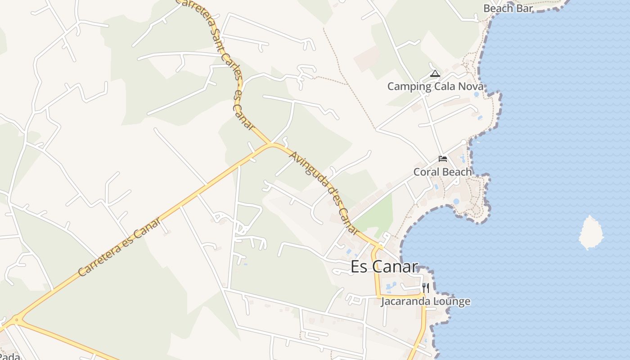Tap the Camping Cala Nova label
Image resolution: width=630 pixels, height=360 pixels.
pos(435,86)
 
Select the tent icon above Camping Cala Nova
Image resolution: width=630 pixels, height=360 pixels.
pos(435,73)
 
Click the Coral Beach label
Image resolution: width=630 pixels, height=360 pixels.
pos(443,172)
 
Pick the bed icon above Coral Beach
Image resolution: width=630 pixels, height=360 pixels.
pos(443,159)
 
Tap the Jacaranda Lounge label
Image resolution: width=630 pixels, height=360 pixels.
pos(426,301)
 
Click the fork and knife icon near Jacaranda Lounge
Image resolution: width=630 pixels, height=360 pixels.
pos(426,288)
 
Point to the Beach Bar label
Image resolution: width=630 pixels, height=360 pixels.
pos(508,8)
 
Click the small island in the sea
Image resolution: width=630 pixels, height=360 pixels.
pos(590,232)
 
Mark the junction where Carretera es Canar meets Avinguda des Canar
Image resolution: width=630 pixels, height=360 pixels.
pos(271,144)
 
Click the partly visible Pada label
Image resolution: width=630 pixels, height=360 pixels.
pos(10,357)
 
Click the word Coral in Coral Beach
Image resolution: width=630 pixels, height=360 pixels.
pos(426,172)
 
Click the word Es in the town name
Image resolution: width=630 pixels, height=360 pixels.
pos(358,266)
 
